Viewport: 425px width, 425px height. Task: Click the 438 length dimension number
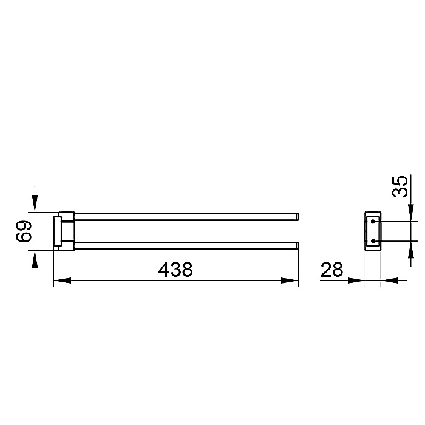175,269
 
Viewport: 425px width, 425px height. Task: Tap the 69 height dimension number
24,231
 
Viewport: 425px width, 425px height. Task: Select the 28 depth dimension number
331,270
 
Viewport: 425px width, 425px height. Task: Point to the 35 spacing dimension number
400,186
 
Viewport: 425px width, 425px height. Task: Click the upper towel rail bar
186,217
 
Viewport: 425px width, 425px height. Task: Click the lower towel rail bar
186,245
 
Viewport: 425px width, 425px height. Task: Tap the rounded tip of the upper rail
297,217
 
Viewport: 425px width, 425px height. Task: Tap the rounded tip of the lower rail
297,245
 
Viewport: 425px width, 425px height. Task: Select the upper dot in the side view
373,222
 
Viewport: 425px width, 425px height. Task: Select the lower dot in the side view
373,240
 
